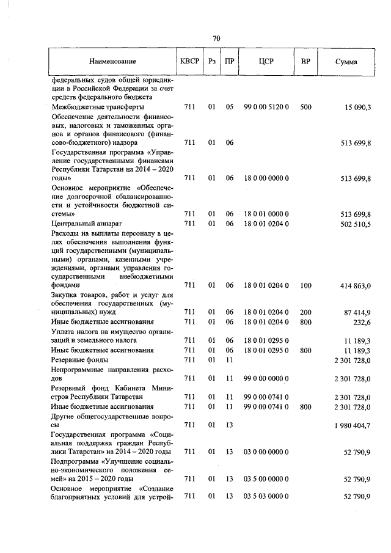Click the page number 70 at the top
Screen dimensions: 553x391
click(x=216, y=38)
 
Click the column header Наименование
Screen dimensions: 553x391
click(x=112, y=62)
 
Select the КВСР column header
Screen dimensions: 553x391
click(x=189, y=61)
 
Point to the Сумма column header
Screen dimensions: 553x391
click(x=347, y=62)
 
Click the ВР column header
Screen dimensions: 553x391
click(x=305, y=61)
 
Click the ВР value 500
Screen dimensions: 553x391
click(x=305, y=107)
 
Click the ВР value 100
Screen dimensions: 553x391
click(x=305, y=285)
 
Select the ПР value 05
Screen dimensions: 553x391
click(x=230, y=107)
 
